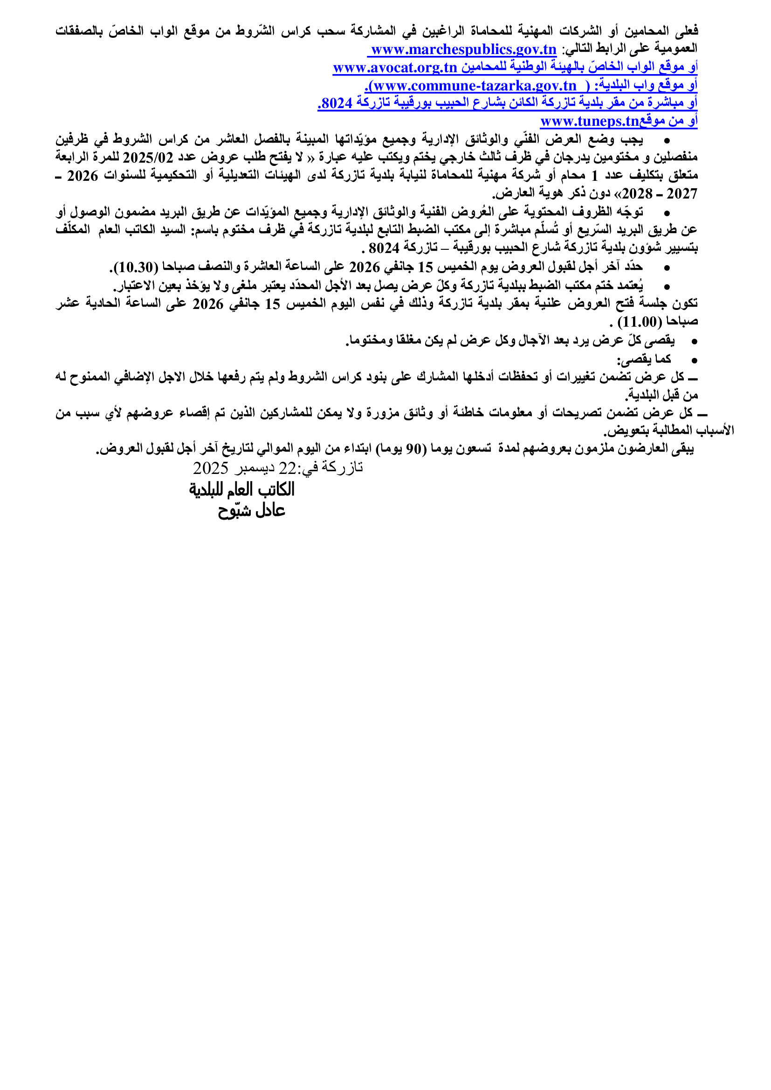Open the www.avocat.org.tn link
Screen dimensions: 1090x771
pyautogui.click(x=394, y=68)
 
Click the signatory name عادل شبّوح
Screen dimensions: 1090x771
pyautogui.click(x=251, y=510)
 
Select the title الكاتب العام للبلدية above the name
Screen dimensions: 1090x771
pyautogui.click(x=241, y=489)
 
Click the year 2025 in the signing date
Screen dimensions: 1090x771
pyautogui.click(x=210, y=468)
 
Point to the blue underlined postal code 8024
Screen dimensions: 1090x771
pyautogui.click(x=336, y=103)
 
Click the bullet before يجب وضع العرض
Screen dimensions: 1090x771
pyautogui.click(x=667, y=141)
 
